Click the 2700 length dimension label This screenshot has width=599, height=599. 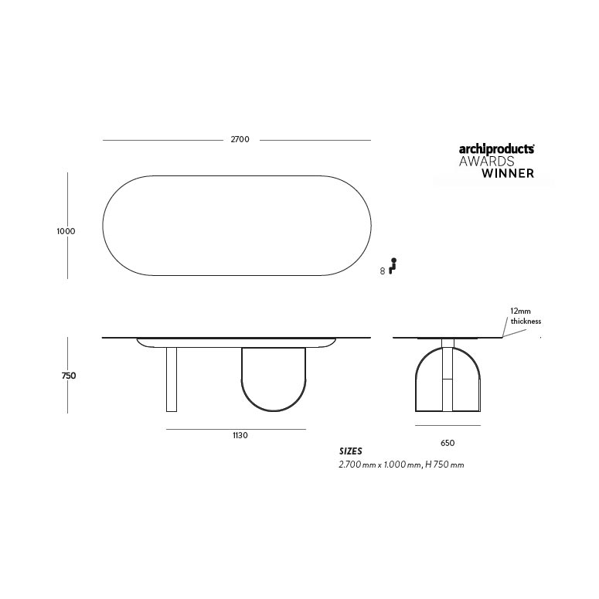tap(240, 139)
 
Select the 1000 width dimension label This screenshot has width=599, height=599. tap(66, 231)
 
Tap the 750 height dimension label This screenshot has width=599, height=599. tap(69, 376)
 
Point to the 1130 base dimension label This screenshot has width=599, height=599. tap(240, 435)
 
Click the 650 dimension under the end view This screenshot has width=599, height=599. tap(448, 443)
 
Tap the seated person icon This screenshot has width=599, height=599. tap(393, 266)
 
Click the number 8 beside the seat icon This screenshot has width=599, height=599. tap(383, 271)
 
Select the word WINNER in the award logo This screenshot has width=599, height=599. tap(508, 173)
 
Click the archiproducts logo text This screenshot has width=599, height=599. tap(497, 149)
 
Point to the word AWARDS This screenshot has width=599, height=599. tap(486, 161)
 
